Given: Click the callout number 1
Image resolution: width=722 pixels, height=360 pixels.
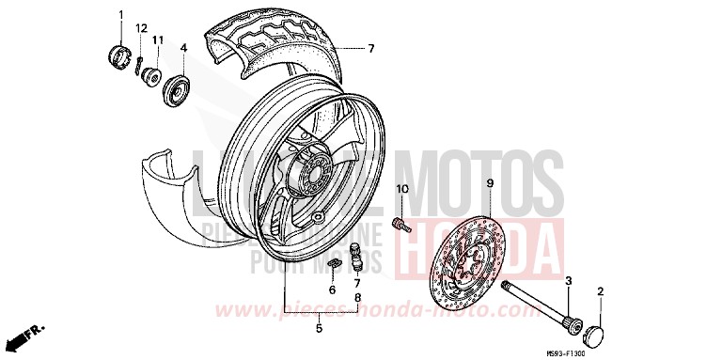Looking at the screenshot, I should (x=120, y=14).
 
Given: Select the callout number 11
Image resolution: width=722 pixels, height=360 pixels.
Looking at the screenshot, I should (x=159, y=39).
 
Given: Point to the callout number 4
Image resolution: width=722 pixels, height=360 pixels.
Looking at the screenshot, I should (x=183, y=47).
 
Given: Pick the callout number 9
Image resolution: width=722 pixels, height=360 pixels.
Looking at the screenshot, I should (x=332, y=290).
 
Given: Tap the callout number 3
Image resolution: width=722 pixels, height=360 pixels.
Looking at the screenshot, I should (x=567, y=281).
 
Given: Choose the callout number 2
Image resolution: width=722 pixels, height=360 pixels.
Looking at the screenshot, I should (x=601, y=291).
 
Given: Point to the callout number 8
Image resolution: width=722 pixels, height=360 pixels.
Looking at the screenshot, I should (x=357, y=297).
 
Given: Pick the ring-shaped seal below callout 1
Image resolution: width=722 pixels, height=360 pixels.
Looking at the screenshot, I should (x=119, y=55).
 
